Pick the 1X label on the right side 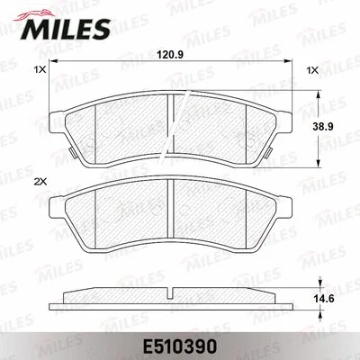click(x=311, y=69)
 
